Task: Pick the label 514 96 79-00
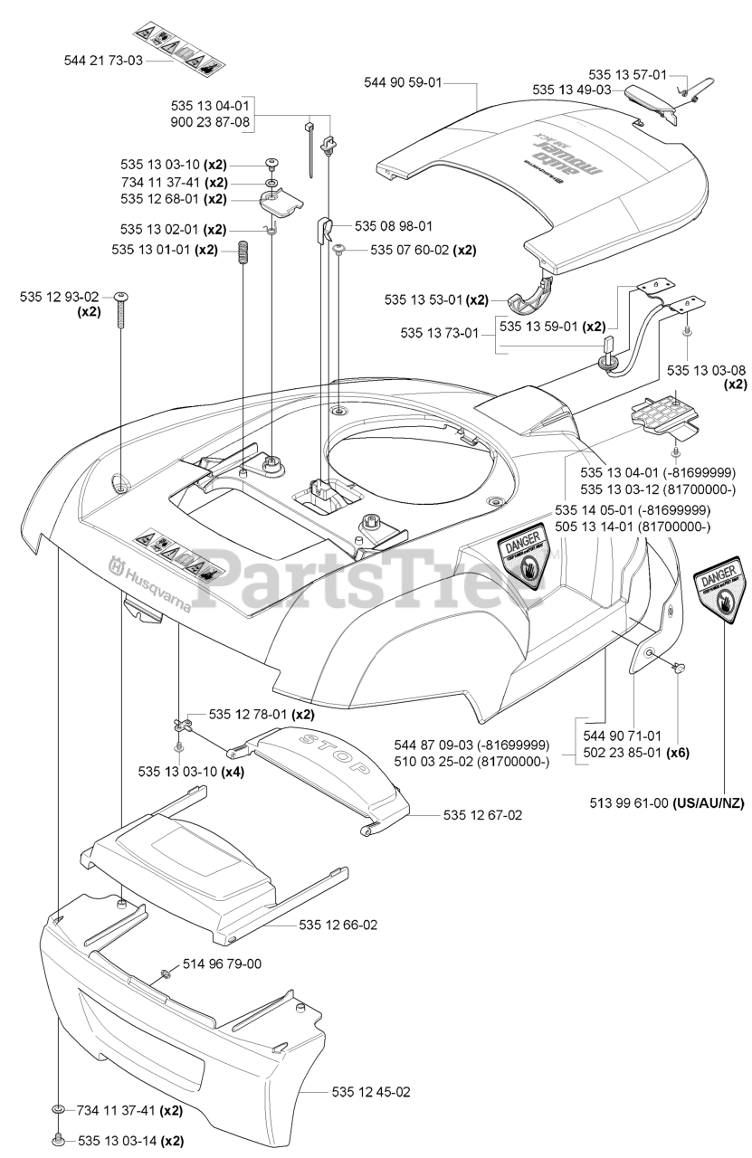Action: [222, 964]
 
